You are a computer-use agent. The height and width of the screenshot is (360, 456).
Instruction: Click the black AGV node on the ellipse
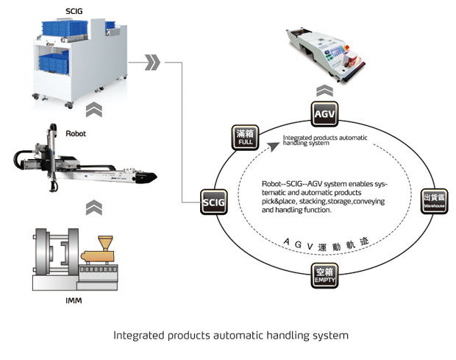point(324,115)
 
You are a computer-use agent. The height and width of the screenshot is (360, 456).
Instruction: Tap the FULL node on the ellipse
point(246,136)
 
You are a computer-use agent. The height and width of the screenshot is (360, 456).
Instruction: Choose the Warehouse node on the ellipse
point(433,200)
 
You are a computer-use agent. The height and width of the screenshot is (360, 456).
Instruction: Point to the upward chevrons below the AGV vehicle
point(324,91)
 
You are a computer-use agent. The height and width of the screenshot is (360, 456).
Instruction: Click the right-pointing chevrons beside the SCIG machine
point(152,62)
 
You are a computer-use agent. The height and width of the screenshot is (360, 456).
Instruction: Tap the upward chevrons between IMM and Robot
point(94,208)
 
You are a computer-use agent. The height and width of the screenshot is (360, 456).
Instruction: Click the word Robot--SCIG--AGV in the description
point(289,184)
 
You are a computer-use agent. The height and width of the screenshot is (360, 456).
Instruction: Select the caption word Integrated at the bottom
point(138,335)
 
